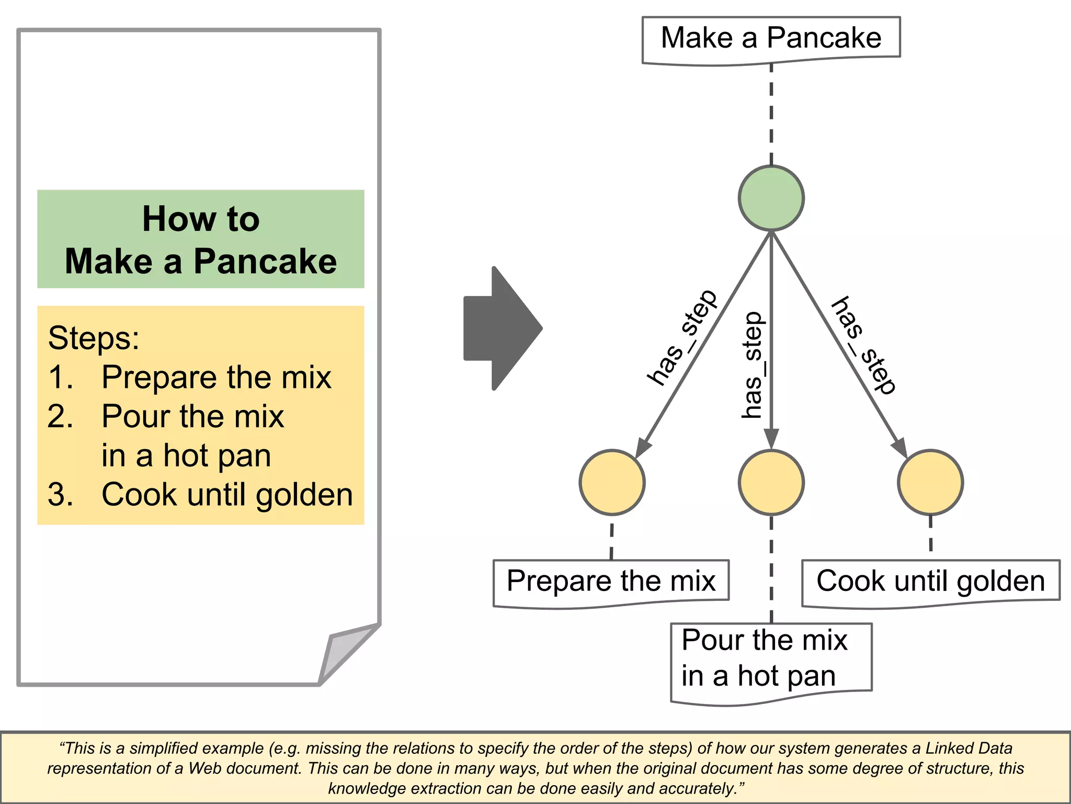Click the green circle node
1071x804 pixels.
pos(771,198)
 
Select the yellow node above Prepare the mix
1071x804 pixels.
pos(612,482)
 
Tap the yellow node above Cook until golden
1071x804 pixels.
pos(930,482)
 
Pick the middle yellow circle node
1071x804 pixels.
pos(771,482)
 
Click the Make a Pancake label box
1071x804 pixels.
pos(771,39)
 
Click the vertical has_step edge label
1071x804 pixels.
pos(753,365)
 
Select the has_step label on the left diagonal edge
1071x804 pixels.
pos(681,338)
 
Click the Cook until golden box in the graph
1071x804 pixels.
pos(930,582)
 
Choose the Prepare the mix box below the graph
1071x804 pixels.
pos(611,582)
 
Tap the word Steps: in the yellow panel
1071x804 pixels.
pos(94,338)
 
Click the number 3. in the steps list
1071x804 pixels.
pos(60,494)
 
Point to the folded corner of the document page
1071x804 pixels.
pos(345,652)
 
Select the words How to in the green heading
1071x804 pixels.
pos(201,219)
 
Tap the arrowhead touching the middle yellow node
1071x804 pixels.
pos(771,439)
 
